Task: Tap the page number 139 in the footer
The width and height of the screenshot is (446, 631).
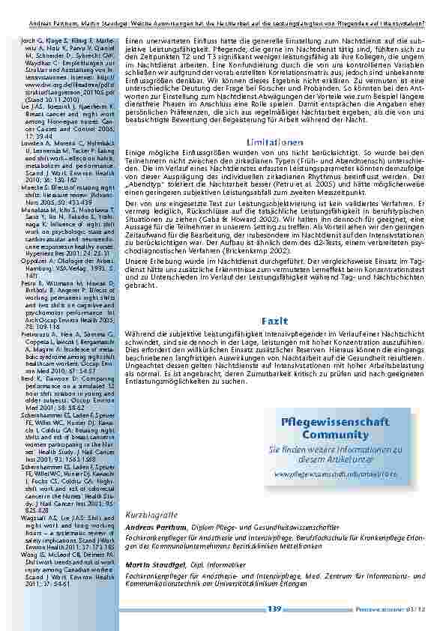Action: click(274, 609)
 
